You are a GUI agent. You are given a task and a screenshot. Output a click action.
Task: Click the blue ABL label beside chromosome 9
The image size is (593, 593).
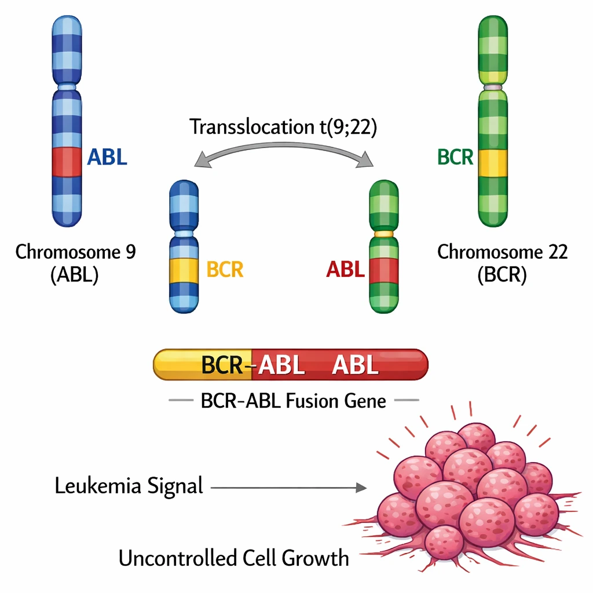point(107,157)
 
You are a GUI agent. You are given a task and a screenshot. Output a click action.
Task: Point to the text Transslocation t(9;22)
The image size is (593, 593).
point(284,127)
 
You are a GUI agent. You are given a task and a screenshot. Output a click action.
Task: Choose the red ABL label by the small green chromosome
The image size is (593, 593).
point(346,270)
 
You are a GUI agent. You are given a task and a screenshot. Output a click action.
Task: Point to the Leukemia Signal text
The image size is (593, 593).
point(129,486)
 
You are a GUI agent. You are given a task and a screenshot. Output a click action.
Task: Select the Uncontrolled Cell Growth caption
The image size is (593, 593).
point(234,558)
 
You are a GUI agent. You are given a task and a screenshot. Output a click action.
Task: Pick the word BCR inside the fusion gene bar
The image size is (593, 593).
point(222,365)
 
